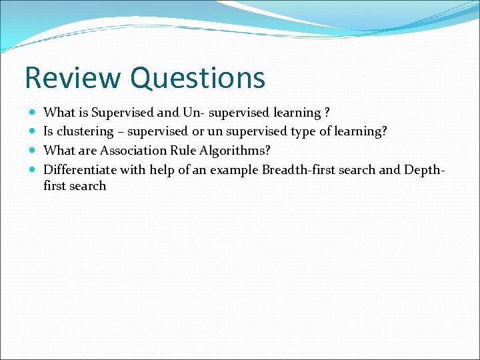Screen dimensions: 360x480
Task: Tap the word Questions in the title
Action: (x=198, y=78)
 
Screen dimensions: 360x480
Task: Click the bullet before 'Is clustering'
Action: (x=33, y=132)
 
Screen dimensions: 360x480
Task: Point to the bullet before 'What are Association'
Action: (x=33, y=151)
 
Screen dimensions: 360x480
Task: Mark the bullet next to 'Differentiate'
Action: (x=33, y=169)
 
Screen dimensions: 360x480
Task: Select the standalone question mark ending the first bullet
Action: (x=326, y=113)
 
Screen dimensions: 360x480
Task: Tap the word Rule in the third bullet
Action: (x=184, y=151)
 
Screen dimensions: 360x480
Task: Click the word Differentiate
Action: (x=80, y=169)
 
